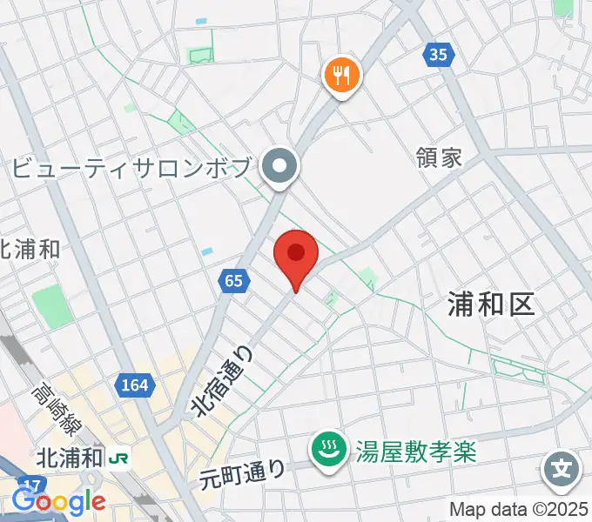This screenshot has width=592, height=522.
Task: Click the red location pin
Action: click(295, 254)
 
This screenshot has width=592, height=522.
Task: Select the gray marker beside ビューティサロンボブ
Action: click(282, 164)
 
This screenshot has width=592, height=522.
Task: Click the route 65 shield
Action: click(232, 280)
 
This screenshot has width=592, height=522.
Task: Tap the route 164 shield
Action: click(135, 385)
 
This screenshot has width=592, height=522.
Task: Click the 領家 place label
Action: click(439, 157)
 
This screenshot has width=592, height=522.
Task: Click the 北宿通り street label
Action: click(224, 381)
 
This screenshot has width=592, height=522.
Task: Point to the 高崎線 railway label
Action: click(56, 411)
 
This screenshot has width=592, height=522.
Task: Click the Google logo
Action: click(58, 501)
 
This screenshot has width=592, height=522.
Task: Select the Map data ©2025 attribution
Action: click(520, 509)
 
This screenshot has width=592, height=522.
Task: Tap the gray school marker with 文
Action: click(562, 470)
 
